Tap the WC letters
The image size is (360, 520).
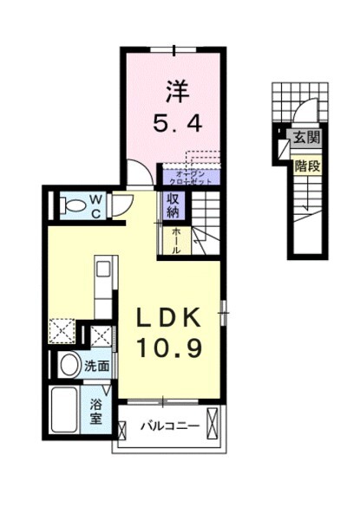point(96,206)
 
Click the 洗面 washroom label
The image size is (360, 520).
point(96,367)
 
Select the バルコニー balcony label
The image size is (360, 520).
point(171,426)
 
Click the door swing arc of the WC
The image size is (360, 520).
point(122,205)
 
